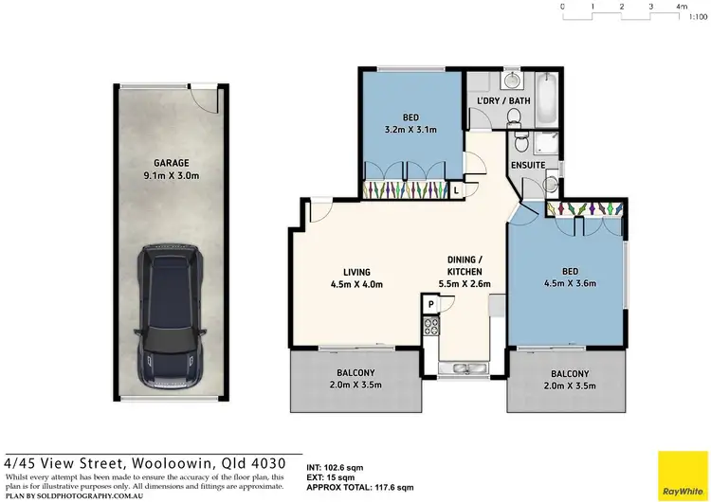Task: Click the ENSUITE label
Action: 527,165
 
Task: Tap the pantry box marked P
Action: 430,304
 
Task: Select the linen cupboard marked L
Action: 456,190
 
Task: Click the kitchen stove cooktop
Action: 429,328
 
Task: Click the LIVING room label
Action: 357,272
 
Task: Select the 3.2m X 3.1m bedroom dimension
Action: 410,131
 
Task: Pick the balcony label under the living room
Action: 355,373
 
